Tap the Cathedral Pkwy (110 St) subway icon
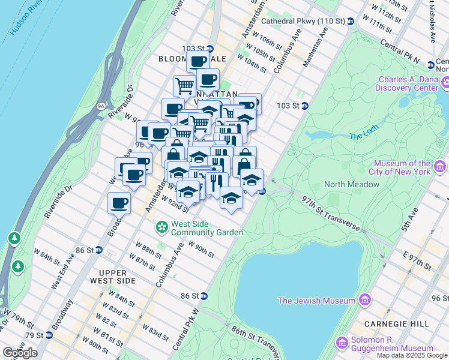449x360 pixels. (350, 21)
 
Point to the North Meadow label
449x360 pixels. (352, 184)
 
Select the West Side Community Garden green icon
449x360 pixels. (161, 227)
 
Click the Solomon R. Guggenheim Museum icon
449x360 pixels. (342, 343)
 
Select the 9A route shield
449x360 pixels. (101, 107)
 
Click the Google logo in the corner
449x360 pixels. (20, 353)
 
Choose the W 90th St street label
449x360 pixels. (201, 248)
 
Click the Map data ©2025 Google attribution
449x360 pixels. (412, 355)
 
